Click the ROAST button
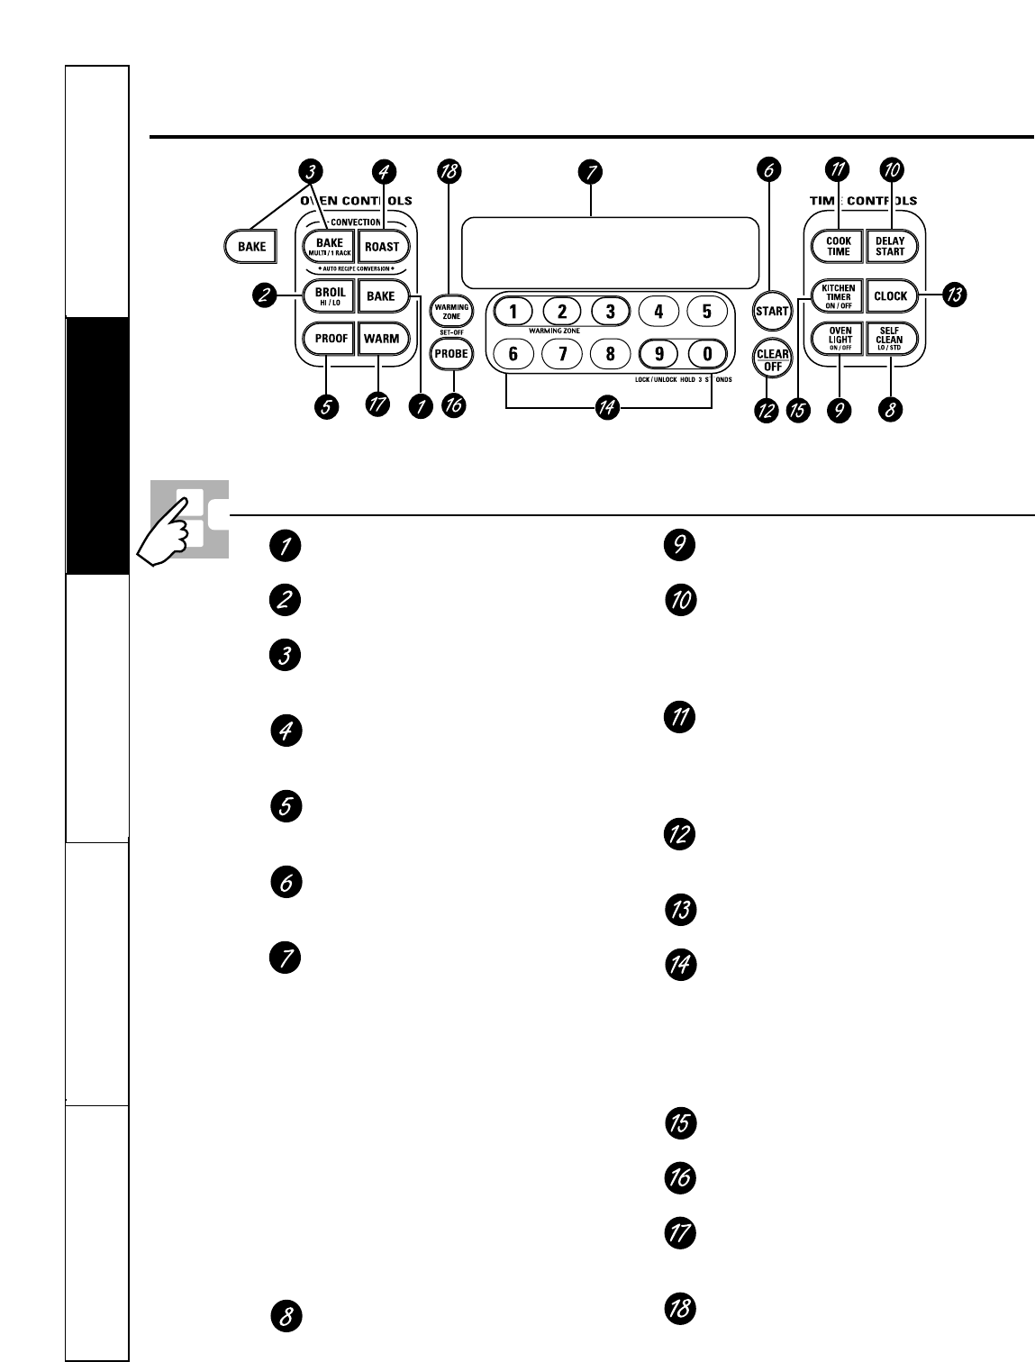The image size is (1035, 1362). pyautogui.click(x=382, y=247)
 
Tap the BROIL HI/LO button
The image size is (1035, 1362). pyautogui.click(x=331, y=296)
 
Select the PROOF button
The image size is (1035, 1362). pyautogui.click(x=331, y=339)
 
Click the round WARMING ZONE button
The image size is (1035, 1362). pyautogui.click(x=452, y=311)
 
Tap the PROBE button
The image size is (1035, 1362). pyautogui.click(x=452, y=354)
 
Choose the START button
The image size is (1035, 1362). pyautogui.click(x=772, y=312)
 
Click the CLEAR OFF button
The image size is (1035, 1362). pyautogui.click(x=772, y=359)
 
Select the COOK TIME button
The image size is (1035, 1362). pyautogui.click(x=838, y=246)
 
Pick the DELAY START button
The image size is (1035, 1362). pyautogui.click(x=890, y=246)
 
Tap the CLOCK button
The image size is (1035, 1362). pyautogui.click(x=890, y=296)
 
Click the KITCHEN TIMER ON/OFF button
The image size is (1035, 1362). pyautogui.click(x=838, y=295)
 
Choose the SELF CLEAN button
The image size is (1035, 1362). pyautogui.click(x=890, y=340)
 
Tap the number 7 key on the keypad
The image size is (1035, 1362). pyautogui.click(x=562, y=354)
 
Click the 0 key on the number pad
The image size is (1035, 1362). pyautogui.click(x=707, y=354)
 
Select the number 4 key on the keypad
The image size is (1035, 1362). pyautogui.click(x=658, y=312)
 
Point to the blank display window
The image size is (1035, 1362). pyautogui.click(x=610, y=252)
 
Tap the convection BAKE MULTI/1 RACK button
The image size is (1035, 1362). pyautogui.click(x=330, y=246)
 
